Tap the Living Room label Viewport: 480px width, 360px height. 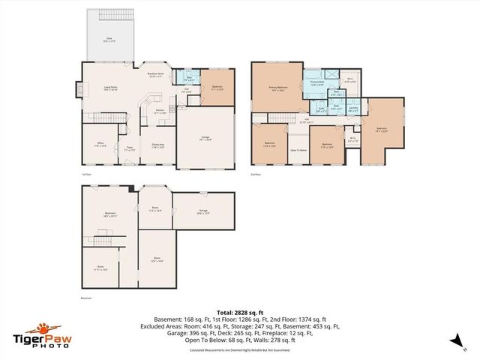point(111,88)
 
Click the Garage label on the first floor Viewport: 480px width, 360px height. point(205,138)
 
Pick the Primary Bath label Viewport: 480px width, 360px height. point(316,85)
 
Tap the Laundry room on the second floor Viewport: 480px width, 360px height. point(353,108)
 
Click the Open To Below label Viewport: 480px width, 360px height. point(298,151)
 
